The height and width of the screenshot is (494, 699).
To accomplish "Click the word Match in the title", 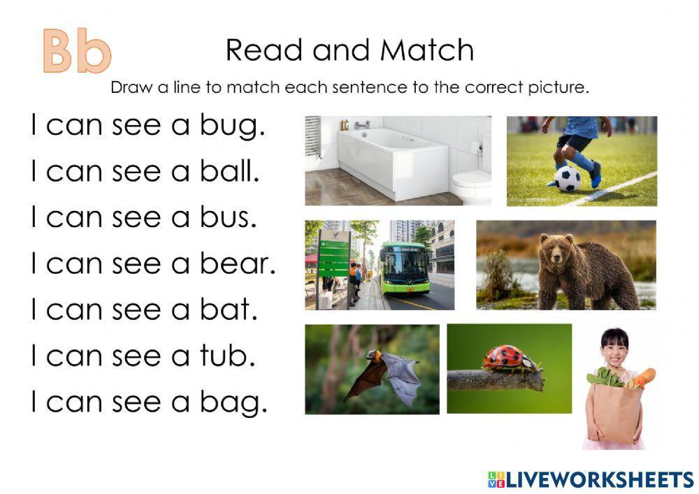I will click(426, 50).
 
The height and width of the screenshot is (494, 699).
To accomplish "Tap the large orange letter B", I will click(59, 51).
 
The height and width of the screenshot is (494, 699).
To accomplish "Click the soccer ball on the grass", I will click(568, 179).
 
